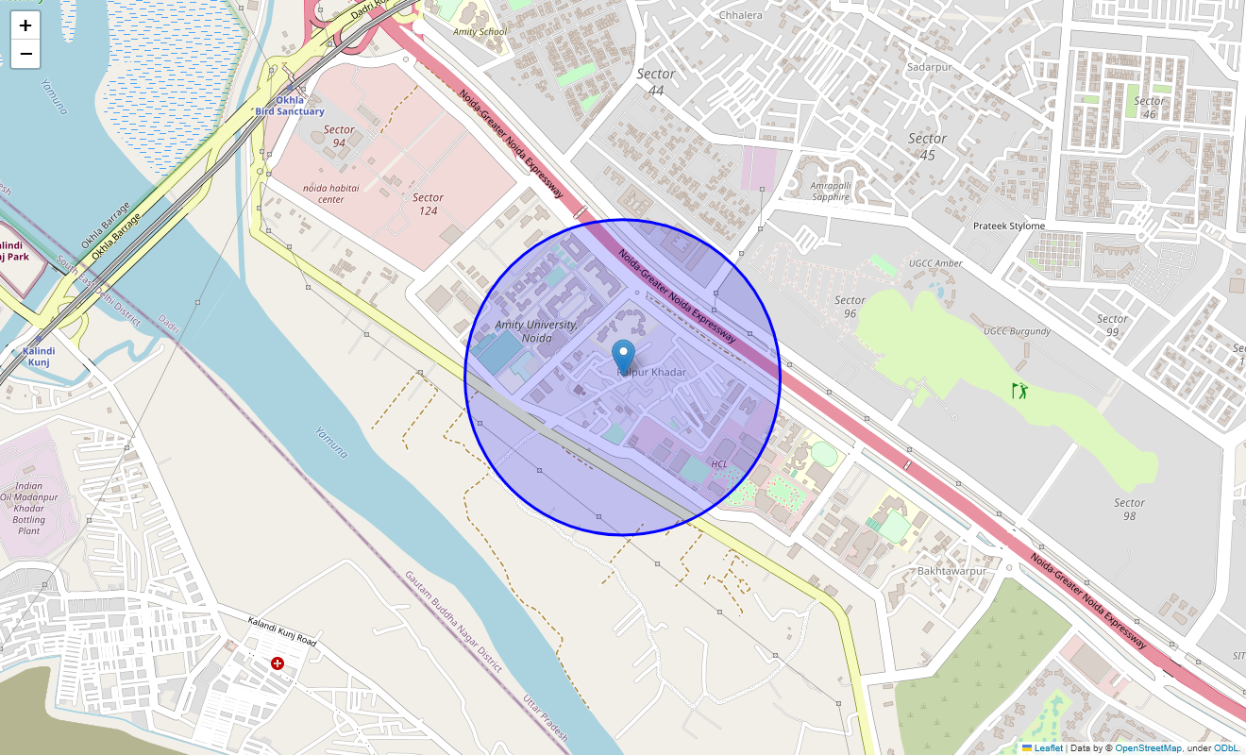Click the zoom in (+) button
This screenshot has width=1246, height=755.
coord(25,25)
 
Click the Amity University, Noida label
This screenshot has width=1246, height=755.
coord(536,330)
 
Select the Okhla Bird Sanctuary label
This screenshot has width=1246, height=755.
coord(290,106)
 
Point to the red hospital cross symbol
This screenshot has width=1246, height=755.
coord(278,663)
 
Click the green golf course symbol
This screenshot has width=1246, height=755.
coord(1019,390)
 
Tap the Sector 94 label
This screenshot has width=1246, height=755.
coord(339,136)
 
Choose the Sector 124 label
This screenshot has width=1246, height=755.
coord(428,204)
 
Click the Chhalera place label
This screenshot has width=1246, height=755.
coord(740,15)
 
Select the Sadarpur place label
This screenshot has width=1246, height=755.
coord(929,67)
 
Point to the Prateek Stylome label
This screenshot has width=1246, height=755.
coord(1009,226)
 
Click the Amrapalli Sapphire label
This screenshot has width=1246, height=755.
coord(831,192)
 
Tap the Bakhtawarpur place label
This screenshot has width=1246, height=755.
coord(951,571)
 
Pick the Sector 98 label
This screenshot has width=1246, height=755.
coord(1129,509)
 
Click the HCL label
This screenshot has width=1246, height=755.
coord(719,463)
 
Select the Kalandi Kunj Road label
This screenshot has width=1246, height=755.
coord(281,630)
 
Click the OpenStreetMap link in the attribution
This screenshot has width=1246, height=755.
coord(1148,748)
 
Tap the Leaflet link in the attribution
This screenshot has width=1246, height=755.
coord(1048,748)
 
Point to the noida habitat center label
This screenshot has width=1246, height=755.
coord(330,193)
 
